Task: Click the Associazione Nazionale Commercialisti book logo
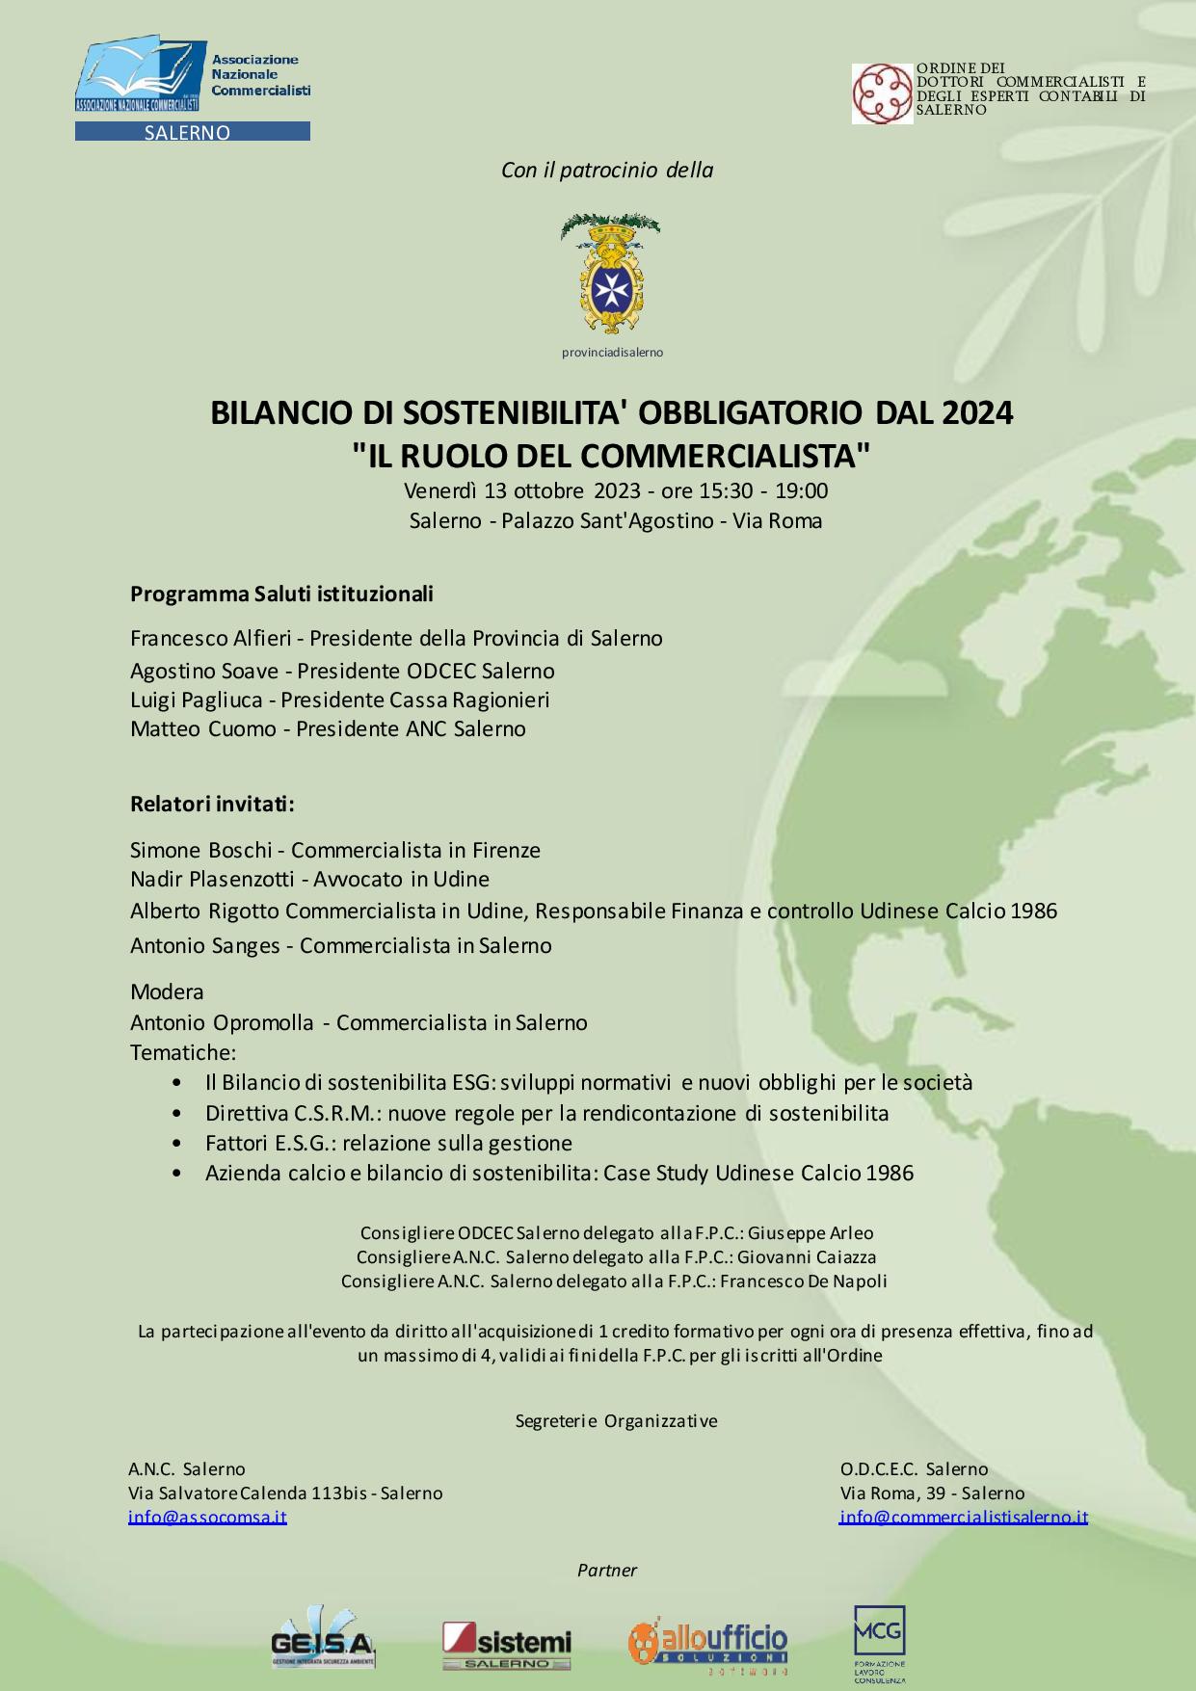141,77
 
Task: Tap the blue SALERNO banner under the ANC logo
192,132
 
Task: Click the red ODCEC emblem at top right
882,93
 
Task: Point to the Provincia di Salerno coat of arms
610,275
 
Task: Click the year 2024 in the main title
977,412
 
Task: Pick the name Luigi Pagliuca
196,700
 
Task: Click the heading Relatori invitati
212,804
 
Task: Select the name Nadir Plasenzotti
212,879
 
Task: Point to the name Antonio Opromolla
222,1022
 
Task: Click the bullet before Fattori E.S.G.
176,1144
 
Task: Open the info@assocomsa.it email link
207,1517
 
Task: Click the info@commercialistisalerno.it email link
963,1517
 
